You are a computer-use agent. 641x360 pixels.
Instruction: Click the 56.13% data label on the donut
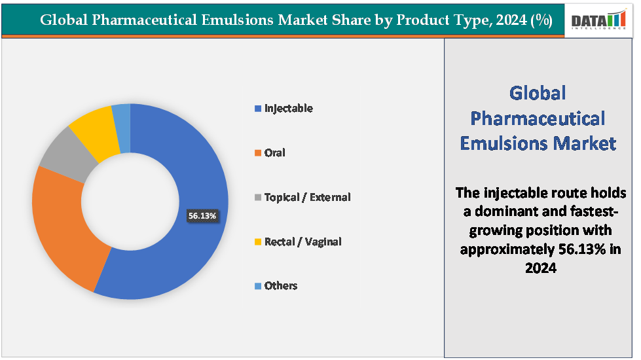[202, 215]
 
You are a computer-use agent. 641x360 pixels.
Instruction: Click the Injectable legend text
[288, 108]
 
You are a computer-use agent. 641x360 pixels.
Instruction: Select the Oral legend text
[274, 153]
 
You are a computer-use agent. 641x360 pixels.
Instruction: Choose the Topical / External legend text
[307, 197]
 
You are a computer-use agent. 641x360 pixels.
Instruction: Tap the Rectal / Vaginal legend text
[302, 242]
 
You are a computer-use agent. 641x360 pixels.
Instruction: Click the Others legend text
[280, 285]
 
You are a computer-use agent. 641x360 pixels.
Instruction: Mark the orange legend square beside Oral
[258, 153]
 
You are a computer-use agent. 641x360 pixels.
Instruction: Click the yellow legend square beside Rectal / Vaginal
[258, 242]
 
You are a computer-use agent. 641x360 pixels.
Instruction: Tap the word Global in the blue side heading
[538, 93]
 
